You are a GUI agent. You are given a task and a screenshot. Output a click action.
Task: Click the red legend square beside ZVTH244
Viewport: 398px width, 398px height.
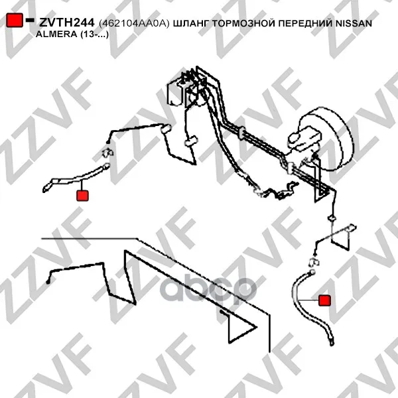coord(15,20)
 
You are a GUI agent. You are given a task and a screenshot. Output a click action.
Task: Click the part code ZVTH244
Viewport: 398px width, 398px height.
coord(67,23)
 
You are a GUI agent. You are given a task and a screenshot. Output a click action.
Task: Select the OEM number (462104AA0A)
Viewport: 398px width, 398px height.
coord(134,24)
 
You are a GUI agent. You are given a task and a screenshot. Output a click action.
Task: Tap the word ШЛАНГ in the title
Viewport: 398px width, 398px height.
coord(191,23)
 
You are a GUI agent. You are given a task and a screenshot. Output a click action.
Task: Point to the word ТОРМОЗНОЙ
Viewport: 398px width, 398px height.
coord(243,23)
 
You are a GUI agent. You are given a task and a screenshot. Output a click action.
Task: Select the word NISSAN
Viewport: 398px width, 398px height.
coord(354,23)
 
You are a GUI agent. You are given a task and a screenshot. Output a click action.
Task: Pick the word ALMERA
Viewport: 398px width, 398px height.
coord(56,34)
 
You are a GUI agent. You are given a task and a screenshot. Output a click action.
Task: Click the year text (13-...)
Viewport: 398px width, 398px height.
coord(94,34)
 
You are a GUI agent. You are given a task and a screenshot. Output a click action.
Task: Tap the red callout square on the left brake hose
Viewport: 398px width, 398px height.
coord(82,196)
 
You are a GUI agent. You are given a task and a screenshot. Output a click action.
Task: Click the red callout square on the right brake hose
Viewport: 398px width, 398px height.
coord(324,300)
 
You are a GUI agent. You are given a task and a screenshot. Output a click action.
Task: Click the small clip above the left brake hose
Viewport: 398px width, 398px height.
coord(107,153)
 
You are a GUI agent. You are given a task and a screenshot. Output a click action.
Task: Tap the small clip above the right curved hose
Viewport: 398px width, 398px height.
coord(314,262)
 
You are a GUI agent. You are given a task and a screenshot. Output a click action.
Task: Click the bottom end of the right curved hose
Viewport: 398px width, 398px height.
coord(332,342)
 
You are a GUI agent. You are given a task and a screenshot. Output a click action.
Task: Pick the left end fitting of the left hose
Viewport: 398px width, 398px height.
coord(46,189)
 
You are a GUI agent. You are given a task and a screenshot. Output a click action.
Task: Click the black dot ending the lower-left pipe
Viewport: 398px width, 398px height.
coord(48,282)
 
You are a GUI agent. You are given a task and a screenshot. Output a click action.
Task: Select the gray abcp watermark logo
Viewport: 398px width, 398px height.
coord(208,290)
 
